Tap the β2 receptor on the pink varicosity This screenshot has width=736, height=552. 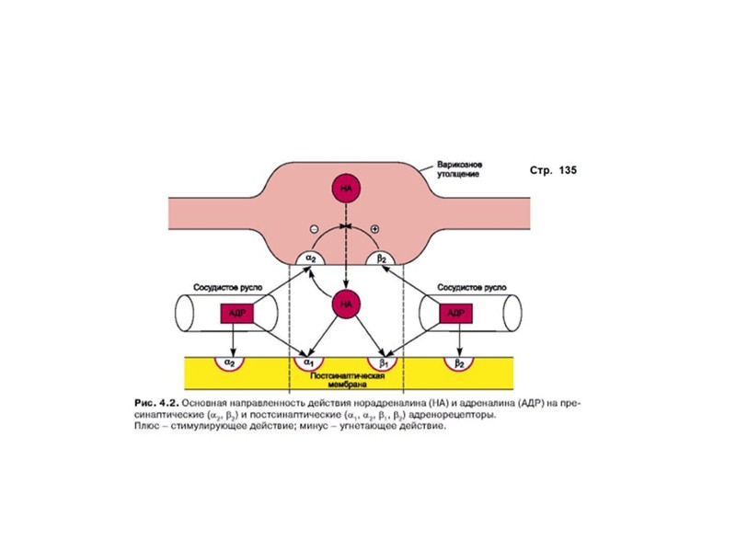pos(382,259)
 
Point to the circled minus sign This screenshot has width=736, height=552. pos(313,227)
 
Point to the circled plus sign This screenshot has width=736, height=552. pos(374,227)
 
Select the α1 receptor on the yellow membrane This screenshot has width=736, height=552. pos(308,363)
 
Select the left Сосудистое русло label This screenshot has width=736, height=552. pos(228,286)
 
